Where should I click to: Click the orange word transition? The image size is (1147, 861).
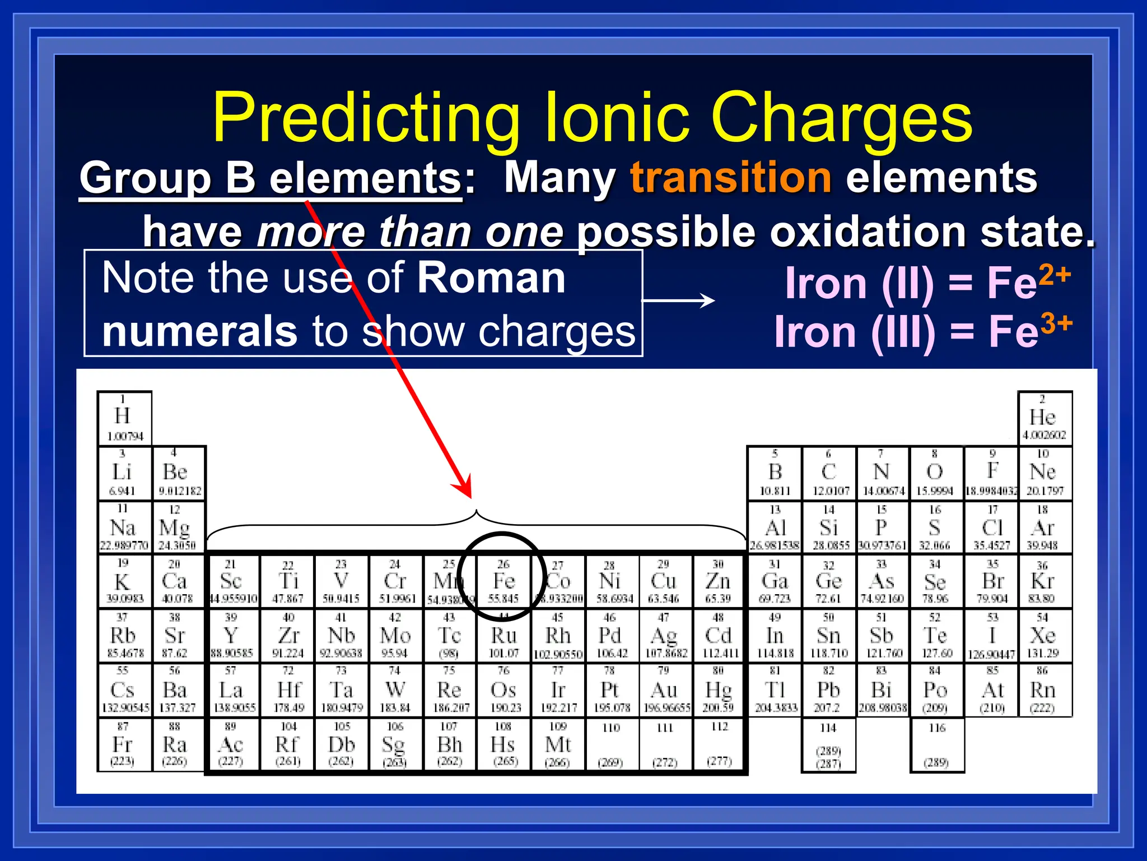tap(730, 177)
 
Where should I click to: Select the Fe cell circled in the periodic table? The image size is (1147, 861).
tap(503, 582)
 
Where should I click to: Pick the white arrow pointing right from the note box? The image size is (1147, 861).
tap(679, 301)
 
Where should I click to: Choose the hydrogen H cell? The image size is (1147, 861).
tap(124, 418)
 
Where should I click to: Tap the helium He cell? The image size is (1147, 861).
tap(1043, 418)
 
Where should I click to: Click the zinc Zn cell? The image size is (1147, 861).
tap(719, 582)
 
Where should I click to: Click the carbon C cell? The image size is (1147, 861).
tap(829, 473)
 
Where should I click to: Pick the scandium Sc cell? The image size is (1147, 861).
tap(232, 582)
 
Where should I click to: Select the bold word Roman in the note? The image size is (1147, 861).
tap(491, 278)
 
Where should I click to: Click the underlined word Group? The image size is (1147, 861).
tap(146, 178)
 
